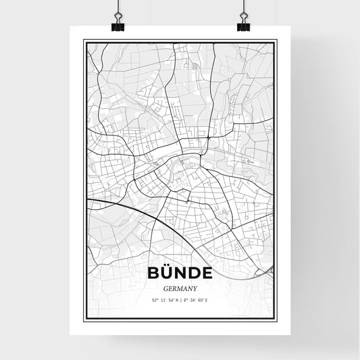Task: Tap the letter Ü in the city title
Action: point(167,274)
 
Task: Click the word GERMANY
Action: point(180,287)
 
